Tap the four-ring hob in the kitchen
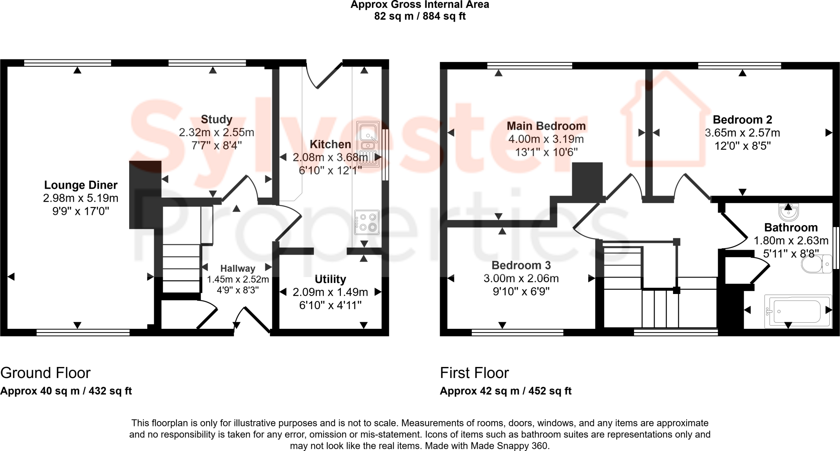(367, 222)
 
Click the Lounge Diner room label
(81, 185)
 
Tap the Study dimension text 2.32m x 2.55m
(216, 132)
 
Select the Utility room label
(330, 279)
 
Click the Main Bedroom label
(546, 126)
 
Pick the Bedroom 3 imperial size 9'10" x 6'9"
(521, 292)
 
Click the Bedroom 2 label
(742, 120)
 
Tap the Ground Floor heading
(45, 373)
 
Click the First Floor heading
(474, 373)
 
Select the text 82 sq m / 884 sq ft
(420, 16)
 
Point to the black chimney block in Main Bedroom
(587, 180)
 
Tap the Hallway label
(237, 269)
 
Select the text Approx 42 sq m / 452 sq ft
(505, 391)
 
